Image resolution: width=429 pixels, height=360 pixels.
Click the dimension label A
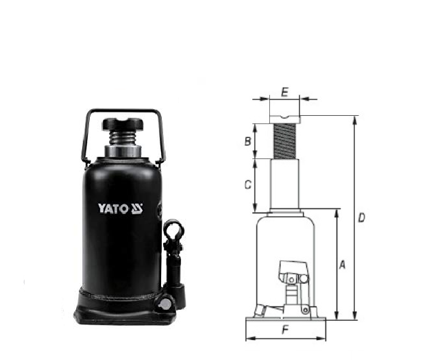(x=342, y=263)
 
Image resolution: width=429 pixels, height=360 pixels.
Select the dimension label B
(x=247, y=142)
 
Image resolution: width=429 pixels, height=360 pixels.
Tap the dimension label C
(x=248, y=184)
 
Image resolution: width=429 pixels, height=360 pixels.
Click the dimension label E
(x=284, y=90)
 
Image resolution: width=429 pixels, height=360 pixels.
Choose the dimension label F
(x=285, y=330)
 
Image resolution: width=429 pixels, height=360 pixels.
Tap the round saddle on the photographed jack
(x=123, y=125)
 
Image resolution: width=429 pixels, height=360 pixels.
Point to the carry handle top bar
(x=123, y=110)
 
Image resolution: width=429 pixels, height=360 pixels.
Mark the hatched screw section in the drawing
(x=285, y=141)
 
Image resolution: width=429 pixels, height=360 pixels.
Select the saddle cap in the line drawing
(x=285, y=108)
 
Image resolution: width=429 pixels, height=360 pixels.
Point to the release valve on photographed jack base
(x=164, y=301)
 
